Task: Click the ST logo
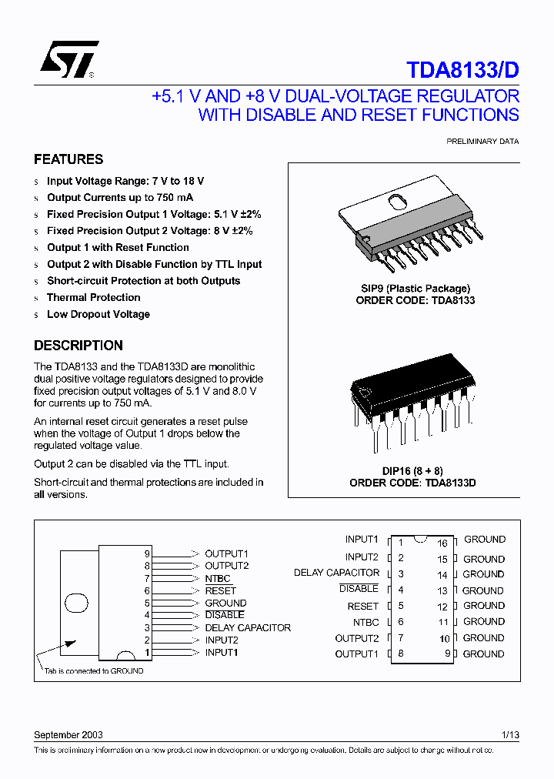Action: coord(68,60)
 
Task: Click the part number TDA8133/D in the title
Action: coord(462,70)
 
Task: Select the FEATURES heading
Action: coord(68,159)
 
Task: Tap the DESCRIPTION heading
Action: coord(78,346)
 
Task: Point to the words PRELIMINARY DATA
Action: coord(482,142)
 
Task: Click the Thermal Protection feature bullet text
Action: coord(93,298)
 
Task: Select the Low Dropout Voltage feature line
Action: coord(98,314)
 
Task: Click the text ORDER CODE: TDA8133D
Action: coord(412,483)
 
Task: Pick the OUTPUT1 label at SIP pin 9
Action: coord(226,553)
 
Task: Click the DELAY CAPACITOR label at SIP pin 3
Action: coord(248,628)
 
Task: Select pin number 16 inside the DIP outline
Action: coord(442,543)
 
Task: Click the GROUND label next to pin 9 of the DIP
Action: coord(484,654)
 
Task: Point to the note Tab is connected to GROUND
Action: coord(93,671)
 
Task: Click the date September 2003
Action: coord(68,735)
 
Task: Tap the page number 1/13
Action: coord(510,735)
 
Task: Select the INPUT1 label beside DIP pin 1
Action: coord(362,540)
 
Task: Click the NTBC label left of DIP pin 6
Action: coord(366,622)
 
